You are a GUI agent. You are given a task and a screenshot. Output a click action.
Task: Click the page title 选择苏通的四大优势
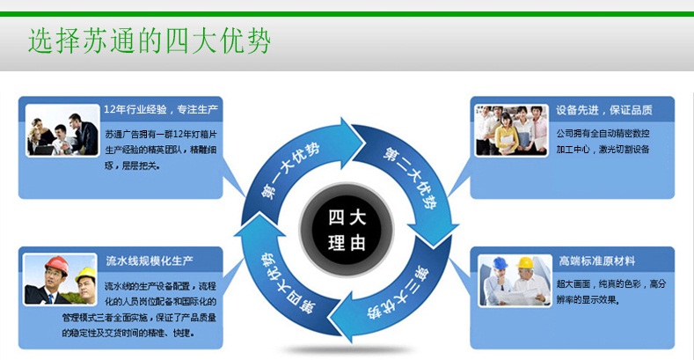click(x=149, y=41)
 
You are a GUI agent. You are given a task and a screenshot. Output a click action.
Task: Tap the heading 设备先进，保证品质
click(x=603, y=111)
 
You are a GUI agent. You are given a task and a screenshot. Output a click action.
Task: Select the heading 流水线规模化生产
click(x=149, y=261)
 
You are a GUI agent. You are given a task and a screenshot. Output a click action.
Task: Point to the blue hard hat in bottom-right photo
click(x=501, y=263)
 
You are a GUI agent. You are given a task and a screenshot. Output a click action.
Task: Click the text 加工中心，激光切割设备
click(x=603, y=150)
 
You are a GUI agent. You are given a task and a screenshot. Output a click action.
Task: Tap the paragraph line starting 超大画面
click(x=610, y=284)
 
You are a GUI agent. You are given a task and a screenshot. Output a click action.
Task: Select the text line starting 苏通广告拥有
click(x=160, y=134)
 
